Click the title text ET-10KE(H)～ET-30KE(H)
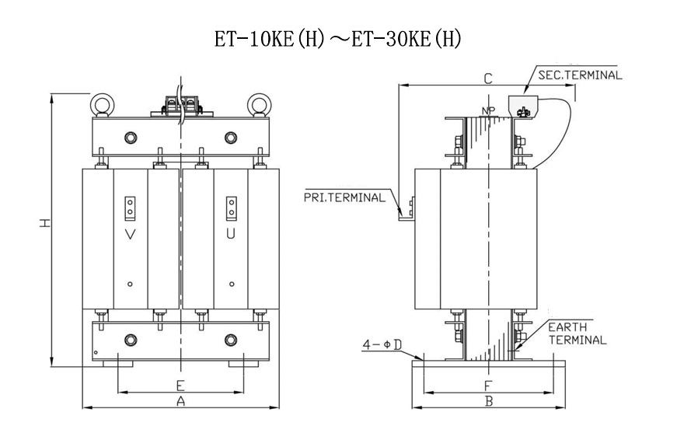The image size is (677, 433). point(338,38)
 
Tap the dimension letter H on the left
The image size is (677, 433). point(46,223)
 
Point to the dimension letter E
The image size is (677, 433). point(180,385)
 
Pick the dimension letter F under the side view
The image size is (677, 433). point(487,385)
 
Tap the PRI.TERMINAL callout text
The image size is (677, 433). point(344,197)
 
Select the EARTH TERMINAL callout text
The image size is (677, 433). point(577,333)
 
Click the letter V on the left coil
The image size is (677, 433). point(130,233)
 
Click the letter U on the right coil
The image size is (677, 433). point(231,233)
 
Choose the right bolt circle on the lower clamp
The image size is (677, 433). point(230,340)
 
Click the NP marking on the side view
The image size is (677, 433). point(488,110)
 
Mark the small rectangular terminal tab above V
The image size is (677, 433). point(130,206)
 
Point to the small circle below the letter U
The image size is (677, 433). point(231,284)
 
